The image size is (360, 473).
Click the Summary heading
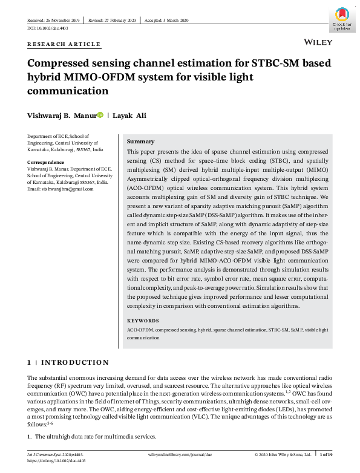pyautogui.click(x=140, y=141)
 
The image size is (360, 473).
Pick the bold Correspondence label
pyautogui.click(x=46, y=163)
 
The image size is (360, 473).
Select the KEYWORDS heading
pyautogui.click(x=143, y=321)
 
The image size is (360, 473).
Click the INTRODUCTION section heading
pyautogui.click(x=75, y=362)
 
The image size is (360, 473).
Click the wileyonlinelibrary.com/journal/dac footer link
pyautogui.click(x=180, y=454)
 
